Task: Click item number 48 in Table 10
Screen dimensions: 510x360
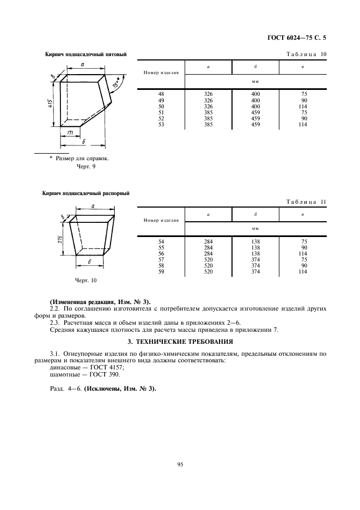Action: [161, 94]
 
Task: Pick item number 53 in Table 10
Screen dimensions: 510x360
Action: [161, 124]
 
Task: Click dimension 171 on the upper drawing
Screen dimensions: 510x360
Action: [70, 133]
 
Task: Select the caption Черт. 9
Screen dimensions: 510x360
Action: [87, 167]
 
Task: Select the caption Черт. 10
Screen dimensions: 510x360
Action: [86, 280]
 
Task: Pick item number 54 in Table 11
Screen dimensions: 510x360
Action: [161, 241]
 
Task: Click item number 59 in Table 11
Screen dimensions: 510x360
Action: [161, 271]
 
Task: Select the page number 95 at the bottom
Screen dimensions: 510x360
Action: [180, 464]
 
